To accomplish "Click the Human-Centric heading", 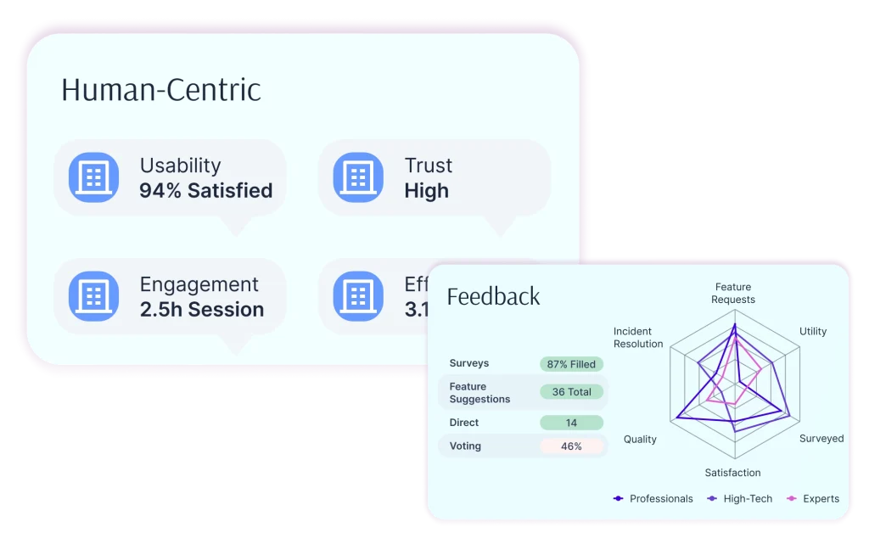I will [161, 90].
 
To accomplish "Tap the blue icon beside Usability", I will [93, 177].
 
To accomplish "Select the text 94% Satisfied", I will [206, 191].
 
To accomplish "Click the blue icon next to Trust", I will [358, 177].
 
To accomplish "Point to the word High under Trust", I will [426, 191].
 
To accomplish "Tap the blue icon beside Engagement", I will [93, 296].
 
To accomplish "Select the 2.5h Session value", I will [202, 310].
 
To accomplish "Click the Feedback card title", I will [493, 296].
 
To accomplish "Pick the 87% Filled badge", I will [571, 364].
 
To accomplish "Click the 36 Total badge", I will [571, 392].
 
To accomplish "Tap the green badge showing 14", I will [571, 423].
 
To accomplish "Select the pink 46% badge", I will [571, 446].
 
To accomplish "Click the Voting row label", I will [465, 446].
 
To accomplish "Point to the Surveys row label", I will [469, 363].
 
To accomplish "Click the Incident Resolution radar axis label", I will [638, 337].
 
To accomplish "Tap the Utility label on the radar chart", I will [813, 331].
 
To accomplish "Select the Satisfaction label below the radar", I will [732, 473].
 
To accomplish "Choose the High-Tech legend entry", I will [740, 499].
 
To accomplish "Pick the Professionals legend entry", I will [653, 499].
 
